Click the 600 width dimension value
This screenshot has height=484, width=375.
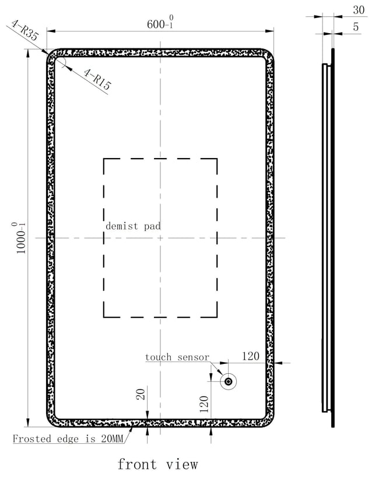pyautogui.click(x=160, y=23)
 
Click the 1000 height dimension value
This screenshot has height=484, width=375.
pyautogui.click(x=20, y=238)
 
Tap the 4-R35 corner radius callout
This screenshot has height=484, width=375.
pyautogui.click(x=24, y=30)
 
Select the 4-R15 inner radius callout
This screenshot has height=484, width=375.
pyautogui.click(x=97, y=79)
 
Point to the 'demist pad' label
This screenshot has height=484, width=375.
pyautogui.click(x=133, y=226)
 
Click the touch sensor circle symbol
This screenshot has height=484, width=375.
pyautogui.click(x=229, y=382)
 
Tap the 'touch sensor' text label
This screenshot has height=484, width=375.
pyautogui.click(x=177, y=357)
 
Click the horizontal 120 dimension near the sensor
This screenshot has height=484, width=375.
pyautogui.click(x=250, y=356)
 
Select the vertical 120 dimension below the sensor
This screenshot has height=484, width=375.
pyautogui.click(x=204, y=404)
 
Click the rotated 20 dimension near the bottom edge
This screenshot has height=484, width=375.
pyautogui.click(x=141, y=394)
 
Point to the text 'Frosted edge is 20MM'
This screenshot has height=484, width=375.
pyautogui.click(x=68, y=439)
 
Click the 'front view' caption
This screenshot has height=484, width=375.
pyautogui.click(x=157, y=465)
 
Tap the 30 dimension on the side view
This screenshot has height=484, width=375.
pyautogui.click(x=359, y=10)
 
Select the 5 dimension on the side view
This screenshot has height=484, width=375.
pyautogui.click(x=356, y=27)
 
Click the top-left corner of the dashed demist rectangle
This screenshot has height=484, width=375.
pyautogui.click(x=104, y=159)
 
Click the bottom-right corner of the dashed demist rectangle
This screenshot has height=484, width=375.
pyautogui.click(x=217, y=317)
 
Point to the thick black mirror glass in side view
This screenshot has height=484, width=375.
pyautogui.click(x=332, y=238)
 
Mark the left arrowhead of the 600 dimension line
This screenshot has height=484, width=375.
pyautogui.click(x=51, y=31)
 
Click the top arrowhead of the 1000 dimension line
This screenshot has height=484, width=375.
pyautogui.click(x=28, y=54)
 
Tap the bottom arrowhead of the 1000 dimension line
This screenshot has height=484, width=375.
pyautogui.click(x=28, y=423)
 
